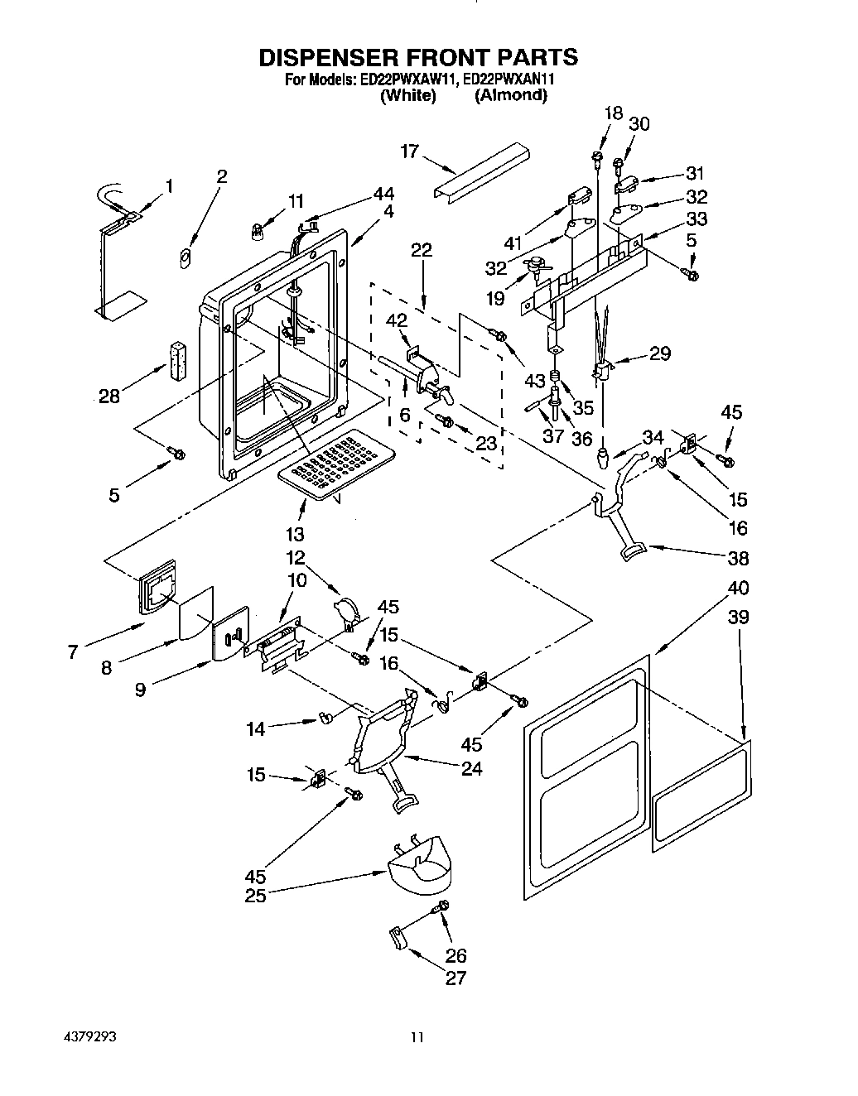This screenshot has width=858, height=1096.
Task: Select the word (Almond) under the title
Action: pos(510,96)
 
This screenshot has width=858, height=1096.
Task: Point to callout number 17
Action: pos(410,151)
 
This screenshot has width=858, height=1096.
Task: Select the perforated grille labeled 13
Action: pos(335,463)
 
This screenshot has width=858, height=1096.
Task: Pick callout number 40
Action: pos(738,588)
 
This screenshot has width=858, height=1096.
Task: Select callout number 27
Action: pos(456,978)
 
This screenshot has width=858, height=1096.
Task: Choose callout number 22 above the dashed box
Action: pos(422,251)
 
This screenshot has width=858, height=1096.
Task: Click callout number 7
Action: pos(74,652)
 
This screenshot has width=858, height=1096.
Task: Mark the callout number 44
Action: pos(383,193)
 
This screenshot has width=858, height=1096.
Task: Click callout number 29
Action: pos(659,353)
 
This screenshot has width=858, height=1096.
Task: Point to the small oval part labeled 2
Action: pos(186,258)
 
